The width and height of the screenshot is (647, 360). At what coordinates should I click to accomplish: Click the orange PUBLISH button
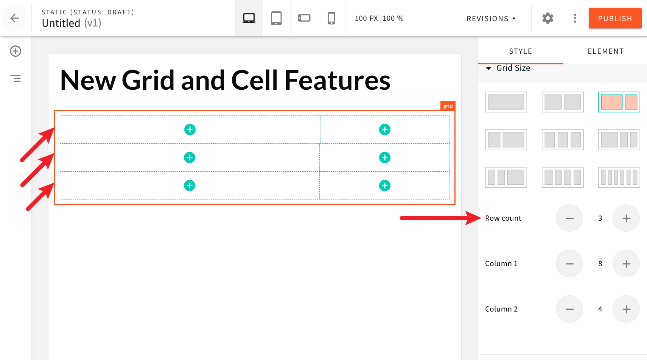pos(615,18)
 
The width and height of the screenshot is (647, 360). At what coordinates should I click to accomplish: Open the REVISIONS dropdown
pos(491,19)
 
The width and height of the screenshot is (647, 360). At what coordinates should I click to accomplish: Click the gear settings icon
pos(547,18)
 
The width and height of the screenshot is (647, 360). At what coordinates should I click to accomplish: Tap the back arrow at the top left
pos(15,18)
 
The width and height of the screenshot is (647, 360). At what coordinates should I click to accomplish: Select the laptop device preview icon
pos(249,18)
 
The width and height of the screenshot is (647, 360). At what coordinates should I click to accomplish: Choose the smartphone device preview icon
pos(331,18)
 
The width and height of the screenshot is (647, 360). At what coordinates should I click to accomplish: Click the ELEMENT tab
pos(605,51)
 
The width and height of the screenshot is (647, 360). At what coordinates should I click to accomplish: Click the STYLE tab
pos(520,51)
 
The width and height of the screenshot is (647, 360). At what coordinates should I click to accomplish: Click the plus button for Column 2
pos(626,309)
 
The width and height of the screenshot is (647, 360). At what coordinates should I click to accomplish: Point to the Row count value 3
pos(600,218)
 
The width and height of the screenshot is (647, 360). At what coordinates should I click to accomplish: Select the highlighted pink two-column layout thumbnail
pos(619,102)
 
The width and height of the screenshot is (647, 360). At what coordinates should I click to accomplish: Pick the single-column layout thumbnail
pos(506,102)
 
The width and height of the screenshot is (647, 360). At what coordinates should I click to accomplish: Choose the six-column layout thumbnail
pos(619,177)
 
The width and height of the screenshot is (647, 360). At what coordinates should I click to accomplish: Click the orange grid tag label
pos(448,106)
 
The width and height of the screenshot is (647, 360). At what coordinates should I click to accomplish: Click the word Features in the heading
pos(337,80)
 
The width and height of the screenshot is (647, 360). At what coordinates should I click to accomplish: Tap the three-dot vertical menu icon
pos(575,18)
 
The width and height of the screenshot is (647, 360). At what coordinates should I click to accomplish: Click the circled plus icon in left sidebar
pos(16,51)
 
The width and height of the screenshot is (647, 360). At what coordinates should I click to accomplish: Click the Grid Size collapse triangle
pos(489,69)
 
